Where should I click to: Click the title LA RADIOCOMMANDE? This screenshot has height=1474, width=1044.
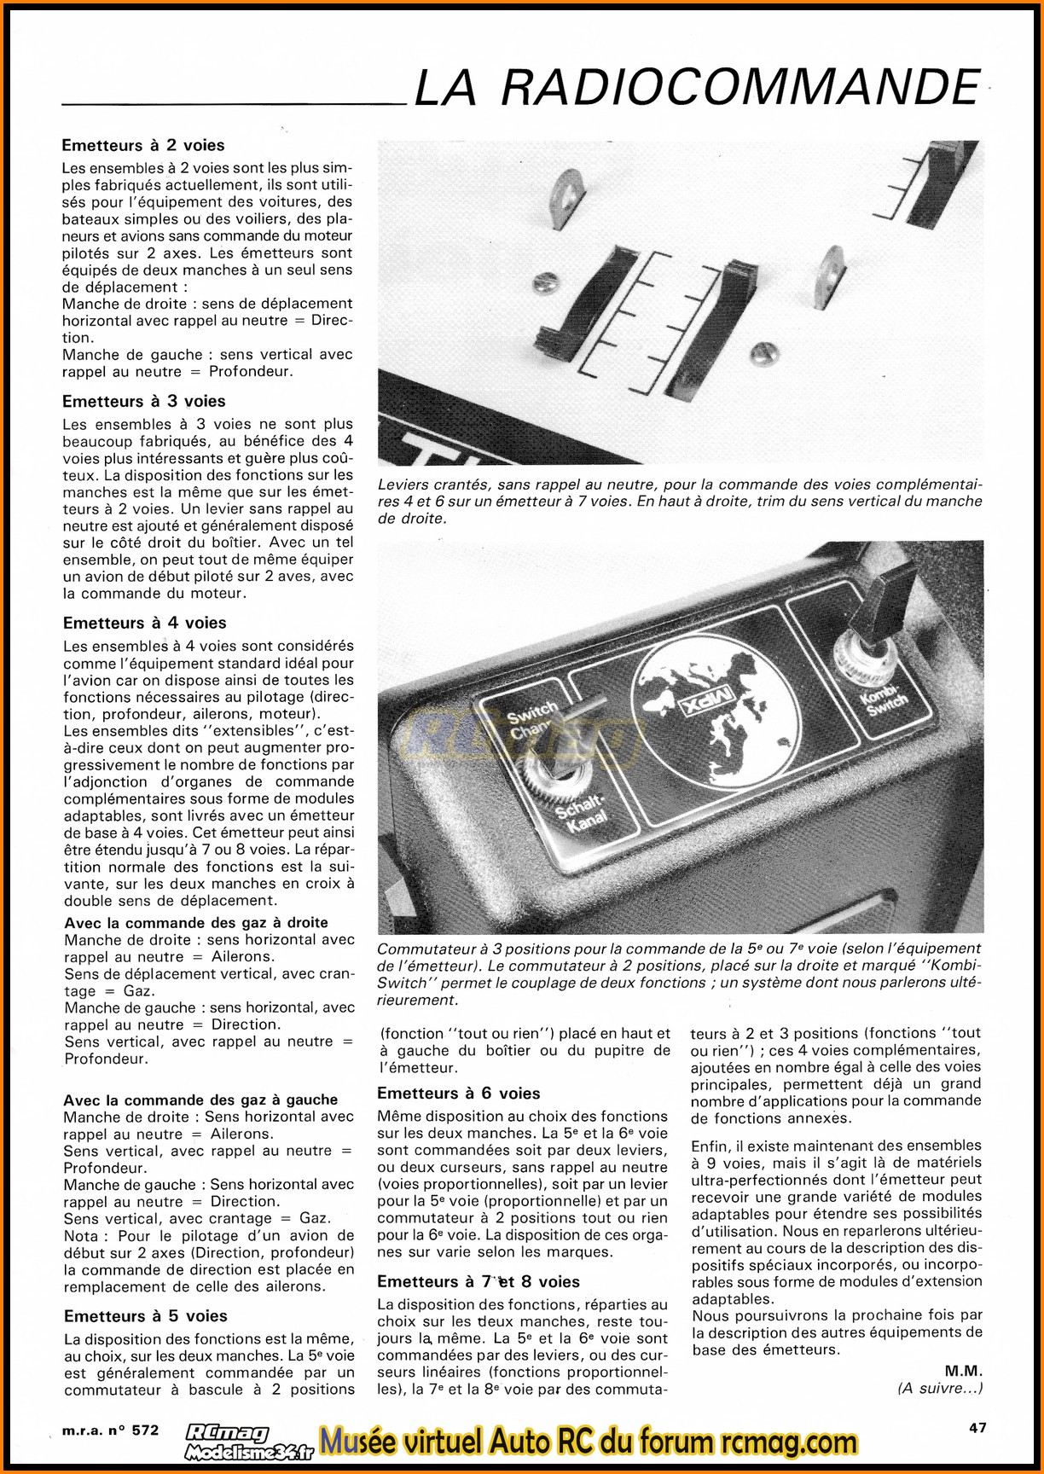[x=696, y=87]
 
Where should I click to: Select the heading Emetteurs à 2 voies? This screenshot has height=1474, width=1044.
[x=143, y=146]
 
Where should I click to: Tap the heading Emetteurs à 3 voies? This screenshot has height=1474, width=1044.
[x=143, y=401]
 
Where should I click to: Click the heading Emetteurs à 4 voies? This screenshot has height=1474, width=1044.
[x=144, y=623]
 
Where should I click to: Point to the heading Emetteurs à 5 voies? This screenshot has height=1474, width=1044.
[x=145, y=1316]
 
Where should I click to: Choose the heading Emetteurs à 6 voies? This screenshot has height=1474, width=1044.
[x=459, y=1094]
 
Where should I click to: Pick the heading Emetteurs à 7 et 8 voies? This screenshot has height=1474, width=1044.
[x=478, y=1282]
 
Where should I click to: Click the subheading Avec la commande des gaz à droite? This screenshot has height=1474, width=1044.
[x=196, y=923]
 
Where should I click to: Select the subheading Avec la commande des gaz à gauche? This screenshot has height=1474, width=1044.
[x=200, y=1100]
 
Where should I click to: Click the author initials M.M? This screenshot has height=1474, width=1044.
[x=964, y=1371]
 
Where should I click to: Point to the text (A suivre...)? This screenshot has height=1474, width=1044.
[x=940, y=1388]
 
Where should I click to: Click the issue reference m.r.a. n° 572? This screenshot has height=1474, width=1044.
[x=111, y=1430]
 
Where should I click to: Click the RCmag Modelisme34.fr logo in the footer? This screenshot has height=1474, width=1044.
[x=247, y=1443]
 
